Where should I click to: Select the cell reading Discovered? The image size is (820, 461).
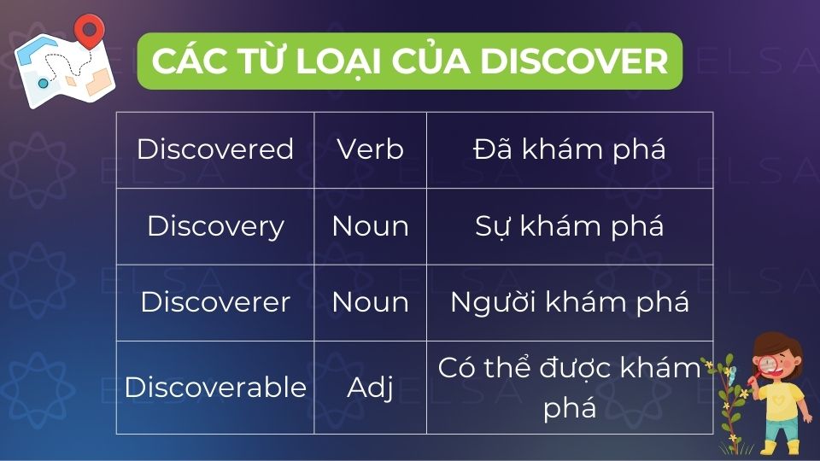coord(215,149)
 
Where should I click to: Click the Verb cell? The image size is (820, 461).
coord(370,149)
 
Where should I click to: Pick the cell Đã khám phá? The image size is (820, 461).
coord(569,149)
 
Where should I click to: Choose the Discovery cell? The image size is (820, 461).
coord(215,226)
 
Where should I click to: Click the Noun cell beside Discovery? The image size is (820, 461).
coord(370,226)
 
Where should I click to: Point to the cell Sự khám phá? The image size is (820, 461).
coord(569,226)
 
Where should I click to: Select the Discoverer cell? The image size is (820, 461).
coord(215,302)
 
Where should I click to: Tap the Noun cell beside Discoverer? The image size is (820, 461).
coord(370,302)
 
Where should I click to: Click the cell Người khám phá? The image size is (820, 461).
coord(569,302)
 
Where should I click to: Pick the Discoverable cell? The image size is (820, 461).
coord(215,387)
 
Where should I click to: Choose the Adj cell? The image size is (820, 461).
coord(370,387)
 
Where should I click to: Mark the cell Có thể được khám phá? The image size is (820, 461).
coord(569,387)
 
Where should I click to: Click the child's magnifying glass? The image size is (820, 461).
coord(766,366)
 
